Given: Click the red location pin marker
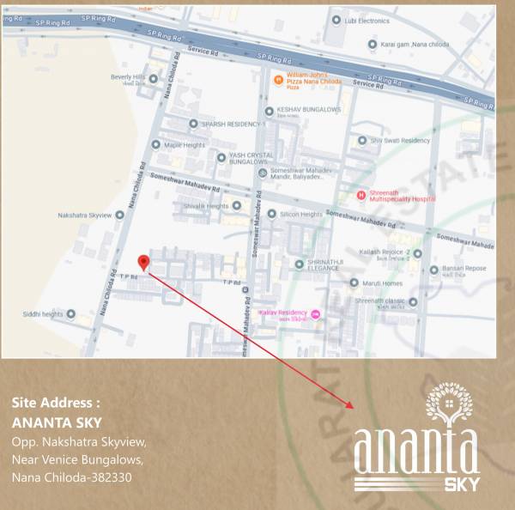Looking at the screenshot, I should click(x=144, y=262).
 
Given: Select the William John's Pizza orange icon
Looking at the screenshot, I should click(x=278, y=80).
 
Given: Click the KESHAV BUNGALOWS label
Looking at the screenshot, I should click(x=309, y=110).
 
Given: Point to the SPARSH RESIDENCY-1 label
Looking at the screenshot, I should click(x=233, y=124).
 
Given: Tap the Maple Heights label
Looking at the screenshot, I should click(x=185, y=144).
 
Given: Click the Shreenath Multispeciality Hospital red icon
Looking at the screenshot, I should click(x=361, y=195).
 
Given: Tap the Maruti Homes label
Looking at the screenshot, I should click(x=380, y=282).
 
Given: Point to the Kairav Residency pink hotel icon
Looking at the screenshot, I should click(x=315, y=314).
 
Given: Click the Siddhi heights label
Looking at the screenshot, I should click(x=41, y=314).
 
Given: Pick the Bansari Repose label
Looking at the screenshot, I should click(x=464, y=269).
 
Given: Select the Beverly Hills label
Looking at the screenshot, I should click(x=127, y=77).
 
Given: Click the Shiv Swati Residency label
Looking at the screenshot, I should click(x=400, y=140).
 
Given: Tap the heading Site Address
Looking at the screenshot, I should click(x=57, y=402).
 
